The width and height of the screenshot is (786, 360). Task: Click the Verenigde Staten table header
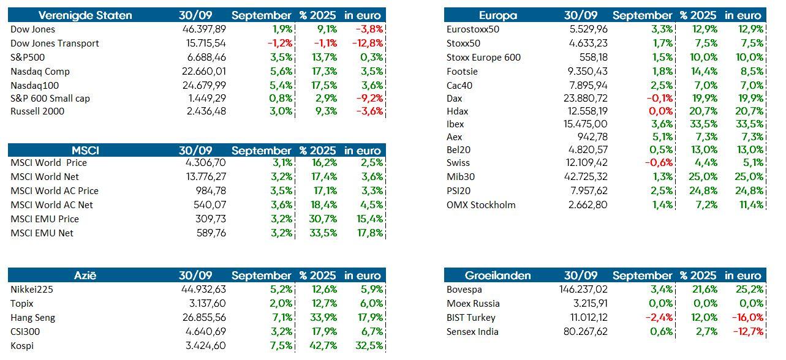(85, 15)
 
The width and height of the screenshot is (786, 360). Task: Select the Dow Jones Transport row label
(55, 43)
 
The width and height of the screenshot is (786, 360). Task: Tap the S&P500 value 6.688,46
(204, 58)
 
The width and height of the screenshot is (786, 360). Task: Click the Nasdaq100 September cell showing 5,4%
(281, 86)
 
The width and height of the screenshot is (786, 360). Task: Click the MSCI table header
(85, 151)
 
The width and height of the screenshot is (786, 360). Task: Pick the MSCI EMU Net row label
(42, 233)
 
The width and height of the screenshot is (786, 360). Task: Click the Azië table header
(85, 276)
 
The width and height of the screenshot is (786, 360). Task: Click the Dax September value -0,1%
(659, 99)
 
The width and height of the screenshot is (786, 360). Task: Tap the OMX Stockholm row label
(481, 205)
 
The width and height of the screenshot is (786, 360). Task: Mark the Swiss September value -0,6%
(659, 163)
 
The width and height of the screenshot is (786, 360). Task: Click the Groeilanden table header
(497, 276)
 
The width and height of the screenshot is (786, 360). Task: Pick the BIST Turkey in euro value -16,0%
(747, 318)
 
